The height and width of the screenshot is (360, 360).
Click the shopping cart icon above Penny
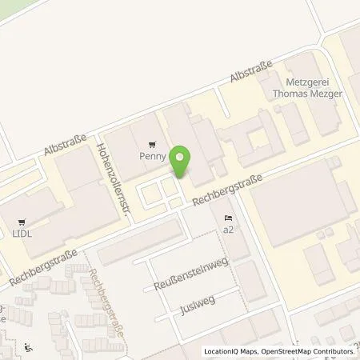pyautogui.click(x=152, y=145)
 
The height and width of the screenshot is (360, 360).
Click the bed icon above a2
pyautogui.click(x=229, y=218)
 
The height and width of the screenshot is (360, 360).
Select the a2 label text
pyautogui.click(x=229, y=230)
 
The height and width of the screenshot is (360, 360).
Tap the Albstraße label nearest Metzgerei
pyautogui.click(x=251, y=70)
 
